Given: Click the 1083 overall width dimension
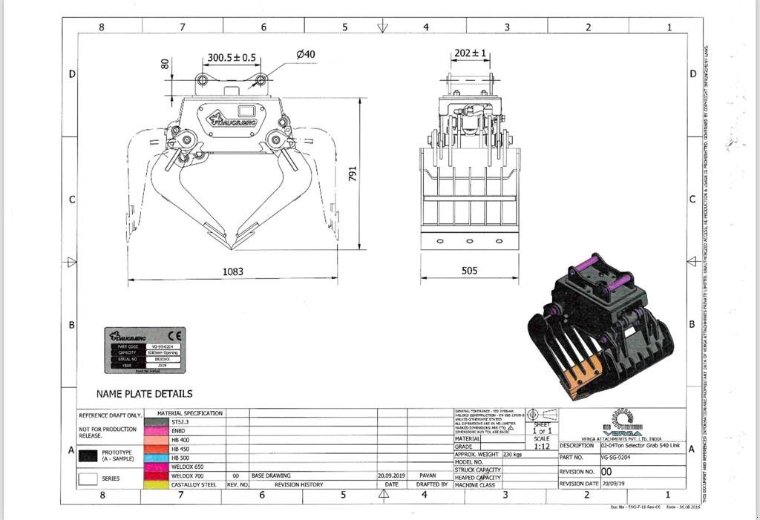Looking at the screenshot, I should [233, 271].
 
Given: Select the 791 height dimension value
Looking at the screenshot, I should [353, 174].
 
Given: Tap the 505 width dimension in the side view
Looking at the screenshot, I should [470, 271].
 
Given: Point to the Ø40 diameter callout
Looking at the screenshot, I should [305, 54].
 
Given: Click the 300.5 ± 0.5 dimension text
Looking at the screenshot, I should [232, 57].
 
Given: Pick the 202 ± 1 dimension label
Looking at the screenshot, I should [470, 53].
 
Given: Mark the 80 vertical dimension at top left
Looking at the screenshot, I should [166, 65].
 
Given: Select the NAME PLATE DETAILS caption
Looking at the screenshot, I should [144, 394].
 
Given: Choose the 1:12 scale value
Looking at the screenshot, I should [542, 447].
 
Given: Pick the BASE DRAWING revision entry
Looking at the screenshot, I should [271, 475].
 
